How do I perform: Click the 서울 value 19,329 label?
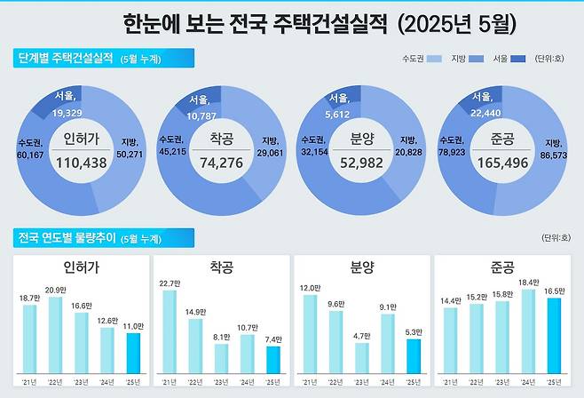coord(67,114)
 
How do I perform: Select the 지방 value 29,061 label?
coord(275,152)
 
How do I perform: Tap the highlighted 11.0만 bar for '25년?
coord(133,354)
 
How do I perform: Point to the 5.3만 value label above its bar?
coord(413,331)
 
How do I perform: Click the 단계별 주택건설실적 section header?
coord(66,59)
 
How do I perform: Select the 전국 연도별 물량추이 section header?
coord(66,237)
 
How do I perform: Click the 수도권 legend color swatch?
coord(434,60)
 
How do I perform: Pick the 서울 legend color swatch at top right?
coord(518,60)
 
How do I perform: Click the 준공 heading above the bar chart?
coord(501,267)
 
